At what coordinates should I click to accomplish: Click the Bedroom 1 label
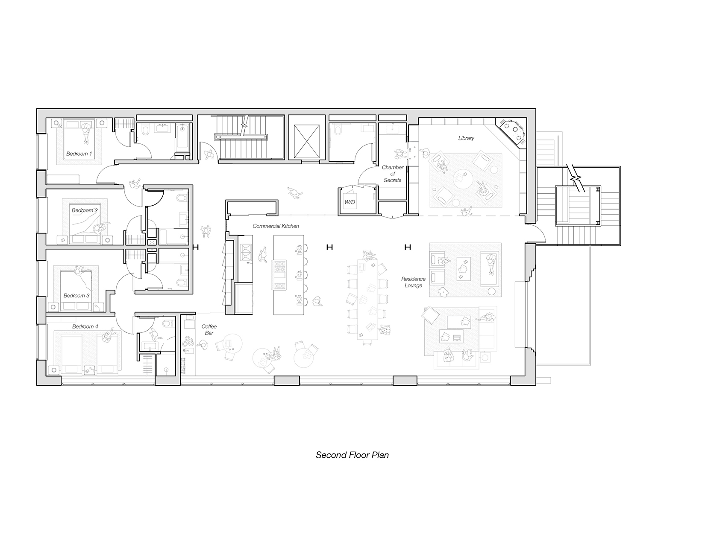[79, 154]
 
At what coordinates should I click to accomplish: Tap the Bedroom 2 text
[84, 210]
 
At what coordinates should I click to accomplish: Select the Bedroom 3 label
[76, 296]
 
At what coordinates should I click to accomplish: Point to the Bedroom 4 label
[85, 326]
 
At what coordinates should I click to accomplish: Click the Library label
[466, 138]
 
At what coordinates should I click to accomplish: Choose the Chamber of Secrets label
[393, 174]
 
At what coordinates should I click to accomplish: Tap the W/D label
[350, 202]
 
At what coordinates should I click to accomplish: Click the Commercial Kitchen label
[276, 226]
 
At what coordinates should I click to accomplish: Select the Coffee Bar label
[209, 329]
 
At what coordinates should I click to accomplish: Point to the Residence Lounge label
[413, 282]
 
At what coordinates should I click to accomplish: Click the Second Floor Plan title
[352, 455]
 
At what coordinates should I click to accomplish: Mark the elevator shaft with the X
[306, 141]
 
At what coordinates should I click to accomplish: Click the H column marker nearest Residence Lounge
[408, 247]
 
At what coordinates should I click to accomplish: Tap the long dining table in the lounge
[368, 299]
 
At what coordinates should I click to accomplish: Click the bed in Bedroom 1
[79, 140]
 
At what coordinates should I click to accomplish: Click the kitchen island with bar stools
[288, 275]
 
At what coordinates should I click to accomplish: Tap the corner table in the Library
[513, 131]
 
